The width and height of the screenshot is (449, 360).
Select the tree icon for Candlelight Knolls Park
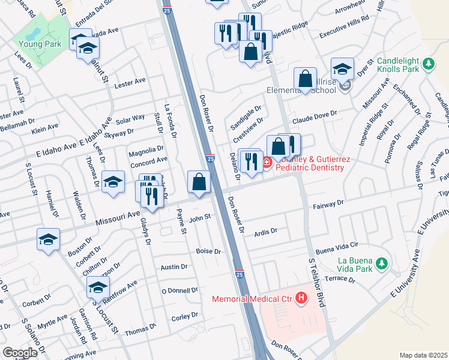tap(428, 63)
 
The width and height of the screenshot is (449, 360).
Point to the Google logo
tap(20, 353)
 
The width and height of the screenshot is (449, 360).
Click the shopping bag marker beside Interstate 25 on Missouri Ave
tap(199, 181)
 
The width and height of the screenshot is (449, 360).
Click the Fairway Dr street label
tap(328, 205)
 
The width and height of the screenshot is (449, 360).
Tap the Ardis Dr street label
tap(265, 231)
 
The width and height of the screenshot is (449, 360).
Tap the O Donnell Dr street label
tap(179, 290)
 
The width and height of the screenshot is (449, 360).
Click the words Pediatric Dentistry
tap(309, 168)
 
